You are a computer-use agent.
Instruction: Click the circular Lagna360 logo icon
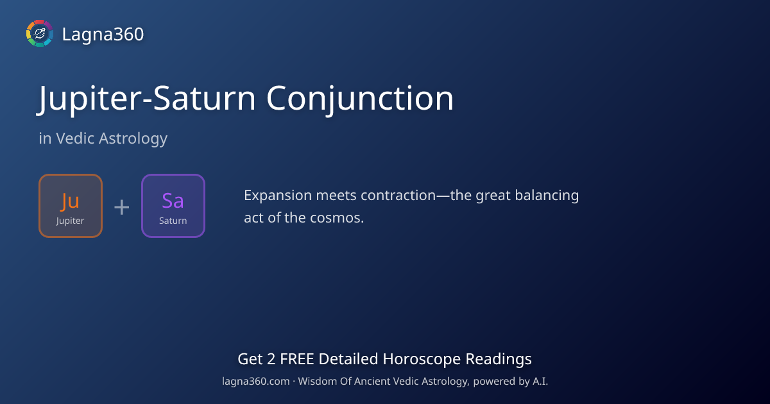pos(39,33)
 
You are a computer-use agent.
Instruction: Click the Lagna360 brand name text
pos(103,34)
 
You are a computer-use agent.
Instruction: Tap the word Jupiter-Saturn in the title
pos(148,99)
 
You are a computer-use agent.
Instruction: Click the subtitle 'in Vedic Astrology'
pos(103,138)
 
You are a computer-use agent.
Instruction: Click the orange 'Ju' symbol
pos(70,201)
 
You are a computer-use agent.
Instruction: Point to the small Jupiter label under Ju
pos(70,221)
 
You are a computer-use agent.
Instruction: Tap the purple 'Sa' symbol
pos(173,201)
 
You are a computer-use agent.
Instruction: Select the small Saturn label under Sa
pos(173,221)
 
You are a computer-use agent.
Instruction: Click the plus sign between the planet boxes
pos(122,206)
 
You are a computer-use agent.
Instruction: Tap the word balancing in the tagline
pos(549,196)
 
